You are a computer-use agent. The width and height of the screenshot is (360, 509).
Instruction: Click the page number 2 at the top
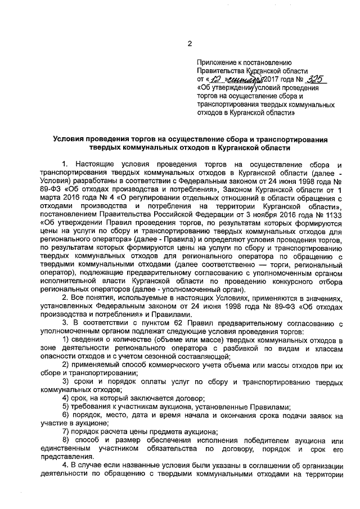(x=190, y=44)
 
